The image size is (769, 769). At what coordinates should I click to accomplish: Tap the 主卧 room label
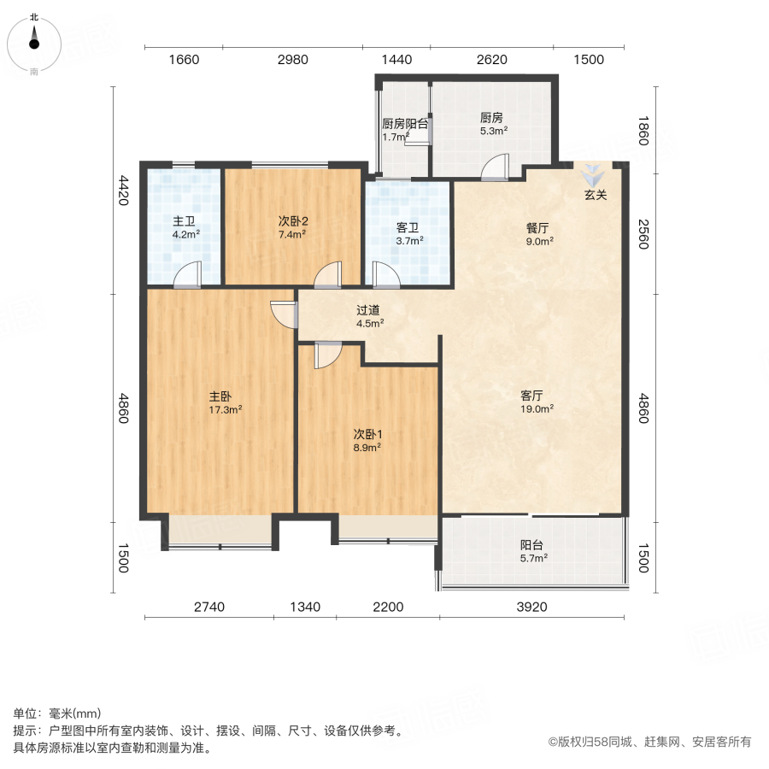point(220,396)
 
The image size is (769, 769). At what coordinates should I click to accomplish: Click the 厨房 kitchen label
point(491,118)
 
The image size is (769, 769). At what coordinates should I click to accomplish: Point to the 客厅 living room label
point(533,396)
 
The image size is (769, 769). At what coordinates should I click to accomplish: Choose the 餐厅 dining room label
point(537,228)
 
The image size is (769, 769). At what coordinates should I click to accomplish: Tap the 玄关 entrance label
point(596,195)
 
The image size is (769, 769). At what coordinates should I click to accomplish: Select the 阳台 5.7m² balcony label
point(533,545)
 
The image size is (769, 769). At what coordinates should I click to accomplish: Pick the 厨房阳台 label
point(405,123)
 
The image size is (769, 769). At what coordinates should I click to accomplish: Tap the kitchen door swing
point(496,167)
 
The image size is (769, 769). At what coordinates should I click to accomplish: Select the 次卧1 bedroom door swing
point(327,355)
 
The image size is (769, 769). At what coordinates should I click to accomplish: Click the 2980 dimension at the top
point(292,60)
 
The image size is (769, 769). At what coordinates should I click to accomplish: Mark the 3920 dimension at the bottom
point(531,608)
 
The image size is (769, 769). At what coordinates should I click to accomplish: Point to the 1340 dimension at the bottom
point(304,608)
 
